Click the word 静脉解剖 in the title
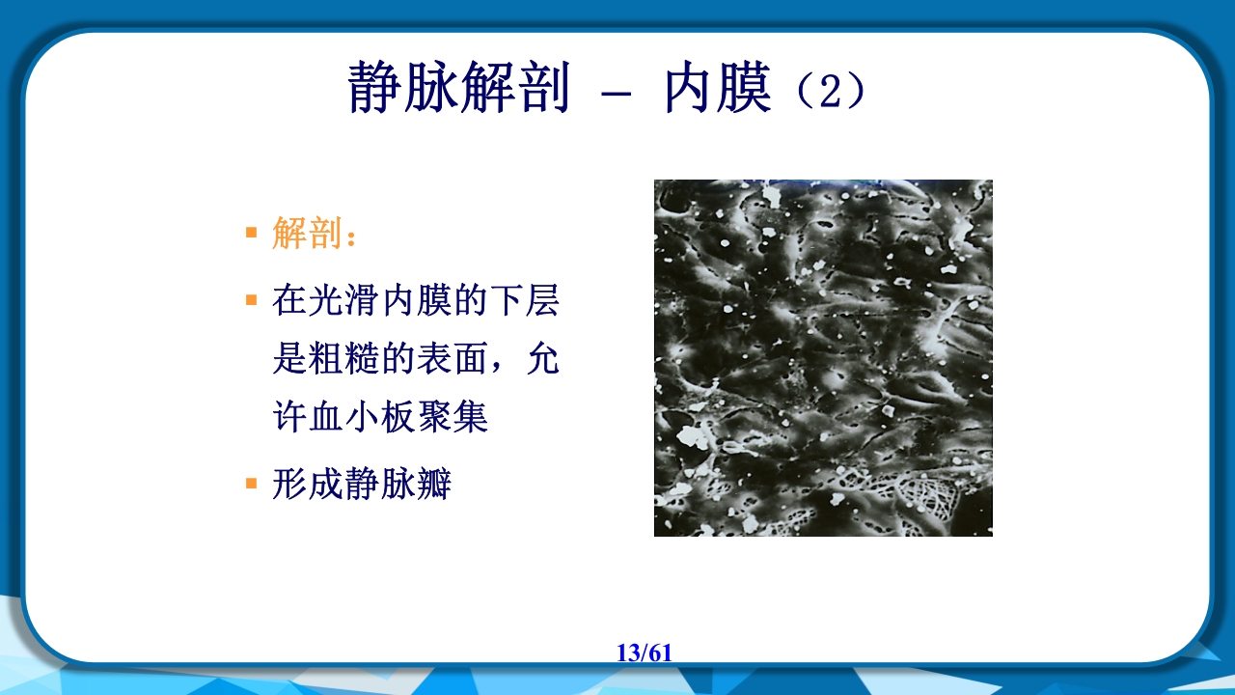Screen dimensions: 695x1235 [x=457, y=89]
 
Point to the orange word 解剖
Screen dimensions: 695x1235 [x=308, y=234]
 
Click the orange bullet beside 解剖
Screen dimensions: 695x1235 [x=252, y=233]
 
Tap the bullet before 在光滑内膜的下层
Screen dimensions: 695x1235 [x=252, y=300]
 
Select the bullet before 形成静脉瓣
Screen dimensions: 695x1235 [x=252, y=483]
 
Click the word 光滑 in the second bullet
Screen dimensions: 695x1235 [x=337, y=301]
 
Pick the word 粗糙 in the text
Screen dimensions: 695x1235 [x=365, y=359]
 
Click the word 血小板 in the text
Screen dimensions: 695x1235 [x=366, y=417]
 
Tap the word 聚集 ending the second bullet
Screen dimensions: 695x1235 [x=459, y=417]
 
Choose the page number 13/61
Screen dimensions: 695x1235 [x=644, y=653]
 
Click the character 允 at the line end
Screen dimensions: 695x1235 [x=543, y=359]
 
